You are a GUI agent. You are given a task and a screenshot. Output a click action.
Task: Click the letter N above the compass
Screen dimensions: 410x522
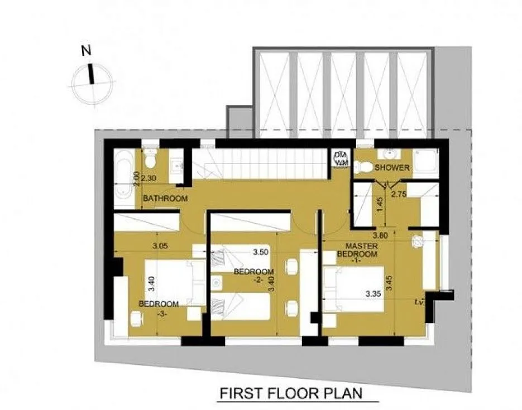pos(85,51)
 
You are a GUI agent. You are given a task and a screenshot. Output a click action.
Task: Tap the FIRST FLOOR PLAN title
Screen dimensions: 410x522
pos(291,393)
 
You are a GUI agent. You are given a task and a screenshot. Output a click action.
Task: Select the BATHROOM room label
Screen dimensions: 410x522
pos(165,199)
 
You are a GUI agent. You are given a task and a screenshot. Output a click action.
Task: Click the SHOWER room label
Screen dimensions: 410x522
pos(392,168)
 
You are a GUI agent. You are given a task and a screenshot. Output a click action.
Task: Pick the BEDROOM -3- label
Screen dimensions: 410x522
pos(159,308)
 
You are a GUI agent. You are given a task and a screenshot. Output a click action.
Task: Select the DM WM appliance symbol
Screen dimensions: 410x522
pos(339,158)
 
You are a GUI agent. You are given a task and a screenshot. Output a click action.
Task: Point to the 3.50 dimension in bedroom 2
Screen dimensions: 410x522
pos(261,252)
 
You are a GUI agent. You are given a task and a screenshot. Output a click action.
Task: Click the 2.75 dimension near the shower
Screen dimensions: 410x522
pos(400,195)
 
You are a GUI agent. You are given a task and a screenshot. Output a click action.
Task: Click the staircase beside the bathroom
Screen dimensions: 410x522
pos(259,165)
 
